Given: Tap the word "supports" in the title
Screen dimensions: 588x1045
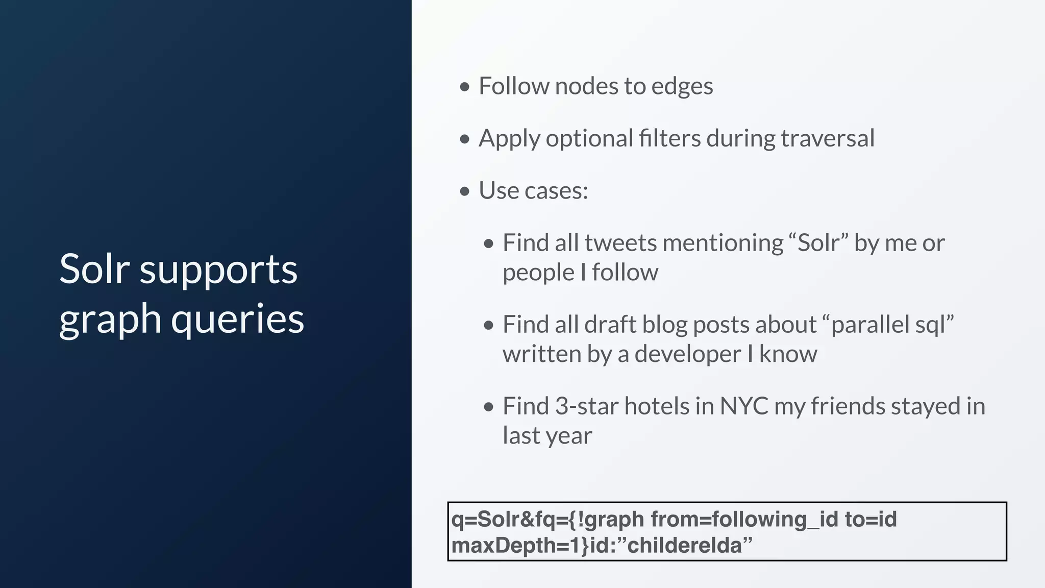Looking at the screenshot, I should [x=218, y=269].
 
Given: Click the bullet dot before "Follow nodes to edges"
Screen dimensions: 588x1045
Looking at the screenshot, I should [x=464, y=87].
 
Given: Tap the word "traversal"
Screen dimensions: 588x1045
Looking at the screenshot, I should [x=828, y=138].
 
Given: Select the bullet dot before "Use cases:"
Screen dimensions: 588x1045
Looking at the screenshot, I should [x=464, y=191].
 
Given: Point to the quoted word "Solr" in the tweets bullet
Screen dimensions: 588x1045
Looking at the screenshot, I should [x=818, y=243].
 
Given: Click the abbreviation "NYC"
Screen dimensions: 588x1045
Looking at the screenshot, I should [x=744, y=407].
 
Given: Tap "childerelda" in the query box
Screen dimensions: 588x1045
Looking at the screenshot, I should [x=684, y=546].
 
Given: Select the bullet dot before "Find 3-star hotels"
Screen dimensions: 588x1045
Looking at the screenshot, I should [x=489, y=407].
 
